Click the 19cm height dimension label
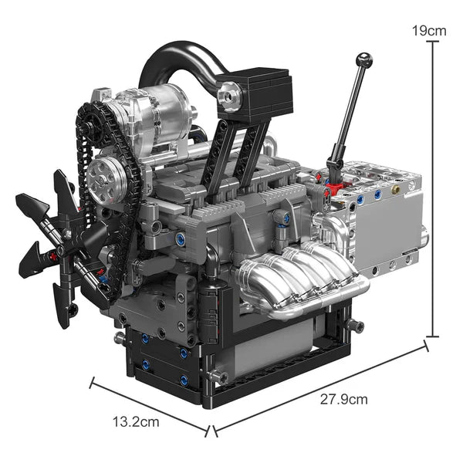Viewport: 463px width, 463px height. (430, 31)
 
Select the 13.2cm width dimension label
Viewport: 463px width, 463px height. (136, 422)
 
